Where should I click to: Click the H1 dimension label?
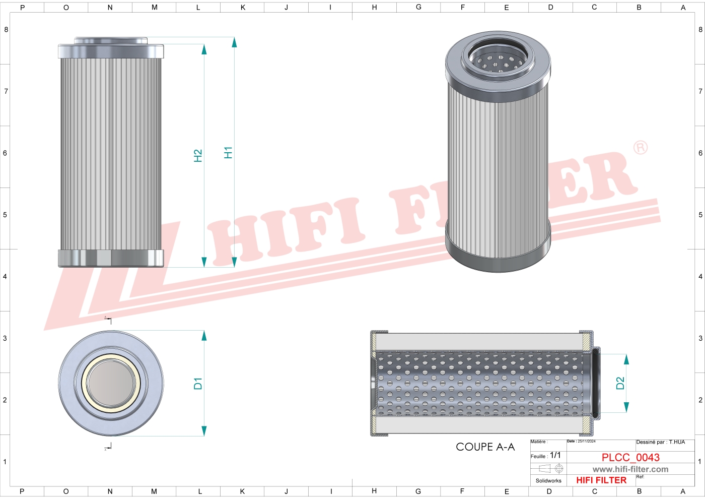click(x=228, y=153)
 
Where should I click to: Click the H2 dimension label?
click(x=198, y=156)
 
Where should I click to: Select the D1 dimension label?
click(x=198, y=384)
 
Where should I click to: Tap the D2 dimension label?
click(x=620, y=384)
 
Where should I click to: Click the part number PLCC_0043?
click(x=630, y=458)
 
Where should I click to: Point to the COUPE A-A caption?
click(x=485, y=447)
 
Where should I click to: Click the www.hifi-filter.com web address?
click(x=630, y=469)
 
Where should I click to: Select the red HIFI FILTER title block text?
click(x=601, y=480)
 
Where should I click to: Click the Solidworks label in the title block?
click(x=548, y=481)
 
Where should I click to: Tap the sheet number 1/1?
click(x=555, y=455)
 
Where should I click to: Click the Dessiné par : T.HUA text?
click(x=660, y=442)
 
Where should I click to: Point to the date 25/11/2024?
click(x=586, y=442)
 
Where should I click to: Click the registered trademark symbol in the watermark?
click(x=640, y=148)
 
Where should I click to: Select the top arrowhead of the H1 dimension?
click(x=234, y=42)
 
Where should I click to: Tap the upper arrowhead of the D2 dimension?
click(x=626, y=359)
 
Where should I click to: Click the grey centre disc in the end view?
click(x=111, y=383)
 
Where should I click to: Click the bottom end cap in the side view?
click(x=111, y=258)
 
